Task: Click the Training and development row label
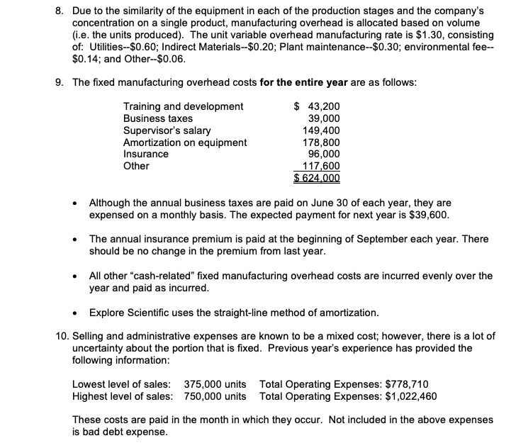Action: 183,106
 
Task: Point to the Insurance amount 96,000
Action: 325,154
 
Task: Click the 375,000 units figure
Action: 215,383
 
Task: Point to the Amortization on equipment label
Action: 185,142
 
